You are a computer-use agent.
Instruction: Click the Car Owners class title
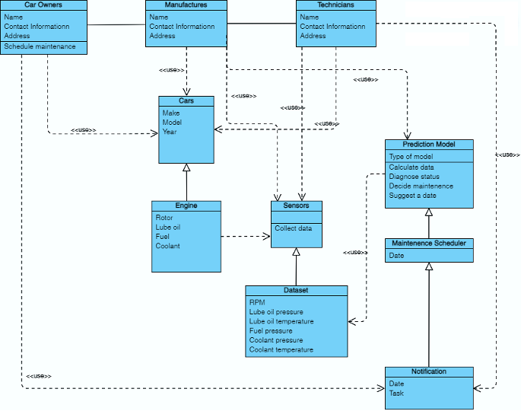43,5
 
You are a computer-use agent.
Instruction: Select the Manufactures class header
186,5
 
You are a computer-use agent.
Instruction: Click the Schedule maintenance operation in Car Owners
40,46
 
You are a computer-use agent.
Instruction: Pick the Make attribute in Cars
170,113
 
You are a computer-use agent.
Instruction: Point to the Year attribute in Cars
170,132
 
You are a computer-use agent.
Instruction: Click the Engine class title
186,205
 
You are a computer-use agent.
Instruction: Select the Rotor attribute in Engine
164,218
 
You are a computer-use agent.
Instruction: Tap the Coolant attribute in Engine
168,246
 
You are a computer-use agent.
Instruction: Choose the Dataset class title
296,291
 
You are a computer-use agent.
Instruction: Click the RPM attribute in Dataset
257,302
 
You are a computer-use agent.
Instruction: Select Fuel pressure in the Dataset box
271,331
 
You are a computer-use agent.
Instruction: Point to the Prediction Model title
429,144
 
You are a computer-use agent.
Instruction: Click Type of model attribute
411,157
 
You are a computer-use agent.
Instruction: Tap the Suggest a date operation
414,196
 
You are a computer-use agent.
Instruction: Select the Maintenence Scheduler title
429,243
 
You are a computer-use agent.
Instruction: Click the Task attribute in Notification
396,393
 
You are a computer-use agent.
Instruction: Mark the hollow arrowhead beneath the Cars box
186,168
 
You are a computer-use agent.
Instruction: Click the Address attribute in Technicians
313,36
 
